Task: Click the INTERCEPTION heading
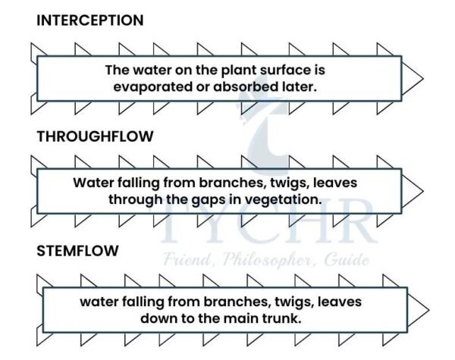tap(89, 20)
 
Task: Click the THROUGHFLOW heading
tap(95, 136)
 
